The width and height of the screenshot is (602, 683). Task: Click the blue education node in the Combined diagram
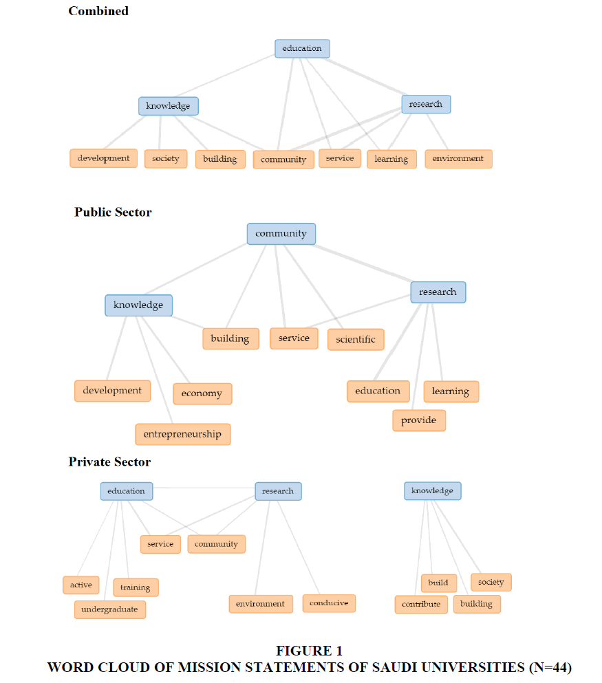[302, 48]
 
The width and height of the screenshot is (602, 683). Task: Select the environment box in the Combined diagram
[458, 159]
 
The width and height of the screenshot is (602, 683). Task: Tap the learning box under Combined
[391, 159]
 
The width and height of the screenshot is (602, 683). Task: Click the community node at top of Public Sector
[281, 234]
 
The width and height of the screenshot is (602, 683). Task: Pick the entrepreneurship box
[183, 434]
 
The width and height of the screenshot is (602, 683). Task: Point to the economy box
[202, 393]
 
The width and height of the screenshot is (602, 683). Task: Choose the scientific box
[356, 340]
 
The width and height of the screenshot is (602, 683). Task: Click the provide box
[419, 421]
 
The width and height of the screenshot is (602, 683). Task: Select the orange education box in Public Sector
[378, 391]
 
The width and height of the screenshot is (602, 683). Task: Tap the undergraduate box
[110, 610]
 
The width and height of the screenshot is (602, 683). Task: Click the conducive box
[329, 603]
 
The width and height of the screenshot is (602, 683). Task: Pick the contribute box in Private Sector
[421, 605]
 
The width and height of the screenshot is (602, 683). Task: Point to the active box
[81, 585]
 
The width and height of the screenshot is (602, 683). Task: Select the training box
[136, 587]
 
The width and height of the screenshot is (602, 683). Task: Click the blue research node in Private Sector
[279, 491]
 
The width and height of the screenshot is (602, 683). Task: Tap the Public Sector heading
[113, 212]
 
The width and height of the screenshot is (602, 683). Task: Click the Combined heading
[98, 11]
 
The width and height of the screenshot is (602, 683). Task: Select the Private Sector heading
[109, 462]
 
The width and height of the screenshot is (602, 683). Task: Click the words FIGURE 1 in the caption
[310, 651]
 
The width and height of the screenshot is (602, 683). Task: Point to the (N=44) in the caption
[550, 667]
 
